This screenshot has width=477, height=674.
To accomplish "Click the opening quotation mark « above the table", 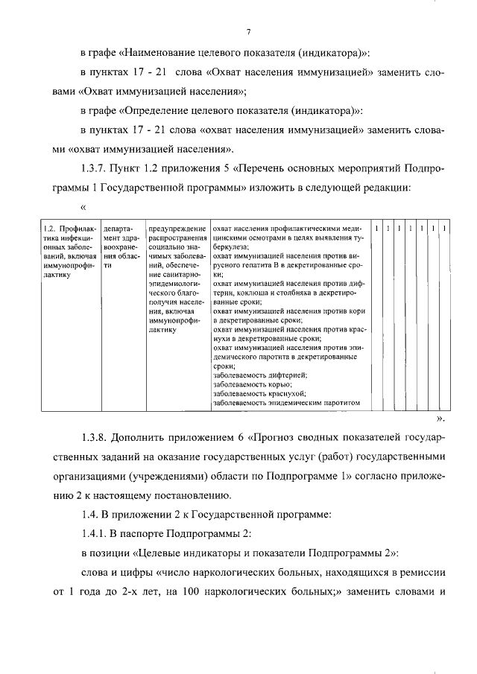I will click(83, 207).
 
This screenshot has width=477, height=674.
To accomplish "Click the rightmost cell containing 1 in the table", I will click(444, 228).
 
